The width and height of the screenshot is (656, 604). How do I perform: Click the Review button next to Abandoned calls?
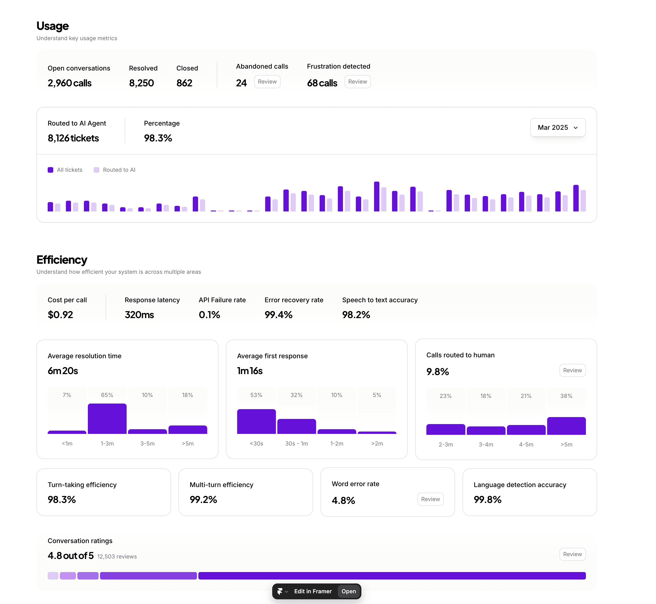[267, 82]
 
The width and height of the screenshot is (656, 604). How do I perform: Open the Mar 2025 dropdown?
[557, 127]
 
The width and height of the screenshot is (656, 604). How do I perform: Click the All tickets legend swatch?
[50, 170]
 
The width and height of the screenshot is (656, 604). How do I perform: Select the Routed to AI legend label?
[119, 170]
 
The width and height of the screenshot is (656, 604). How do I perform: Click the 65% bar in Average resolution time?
[107, 419]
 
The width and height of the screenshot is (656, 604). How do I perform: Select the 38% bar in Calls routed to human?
[566, 426]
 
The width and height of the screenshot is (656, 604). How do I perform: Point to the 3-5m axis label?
[147, 443]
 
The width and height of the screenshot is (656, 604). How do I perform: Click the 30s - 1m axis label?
[296, 443]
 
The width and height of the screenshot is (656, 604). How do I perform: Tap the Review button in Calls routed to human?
[572, 370]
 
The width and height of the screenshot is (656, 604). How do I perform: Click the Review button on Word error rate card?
[430, 499]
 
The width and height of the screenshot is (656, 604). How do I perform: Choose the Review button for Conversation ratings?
[572, 554]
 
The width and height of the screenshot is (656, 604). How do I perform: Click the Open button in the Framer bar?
[349, 591]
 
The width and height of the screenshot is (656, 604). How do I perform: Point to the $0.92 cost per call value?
[61, 315]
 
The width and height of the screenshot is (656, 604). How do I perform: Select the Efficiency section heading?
[62, 260]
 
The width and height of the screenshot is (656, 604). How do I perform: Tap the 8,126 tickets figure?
[73, 138]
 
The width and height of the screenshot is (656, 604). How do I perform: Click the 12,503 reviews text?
[117, 557]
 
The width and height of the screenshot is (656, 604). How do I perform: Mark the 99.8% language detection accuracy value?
[488, 500]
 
